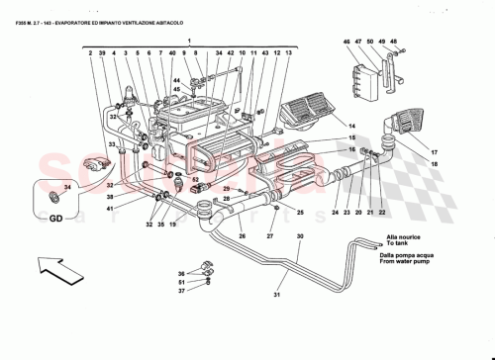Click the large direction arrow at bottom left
pos(50,266)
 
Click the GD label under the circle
pos(46,221)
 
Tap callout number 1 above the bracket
pos(191,41)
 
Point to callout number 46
pos(347,42)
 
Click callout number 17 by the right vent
pos(433,151)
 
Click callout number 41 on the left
pos(111,208)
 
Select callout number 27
pos(269,236)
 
